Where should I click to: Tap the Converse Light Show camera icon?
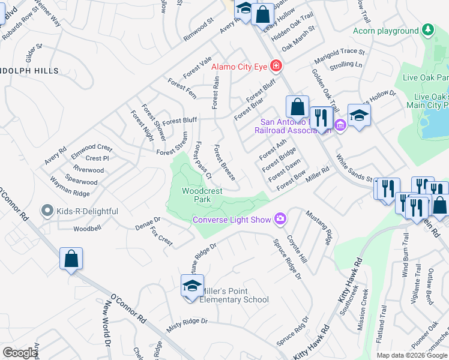click(x=280, y=219)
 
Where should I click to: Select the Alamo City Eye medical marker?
click(x=276, y=65)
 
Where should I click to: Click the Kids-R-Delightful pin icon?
click(x=46, y=211)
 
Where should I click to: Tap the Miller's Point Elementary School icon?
click(x=193, y=286)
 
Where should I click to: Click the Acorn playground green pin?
click(x=427, y=29)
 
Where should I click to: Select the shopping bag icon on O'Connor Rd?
click(x=71, y=260)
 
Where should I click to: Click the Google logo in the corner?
click(x=20, y=353)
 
